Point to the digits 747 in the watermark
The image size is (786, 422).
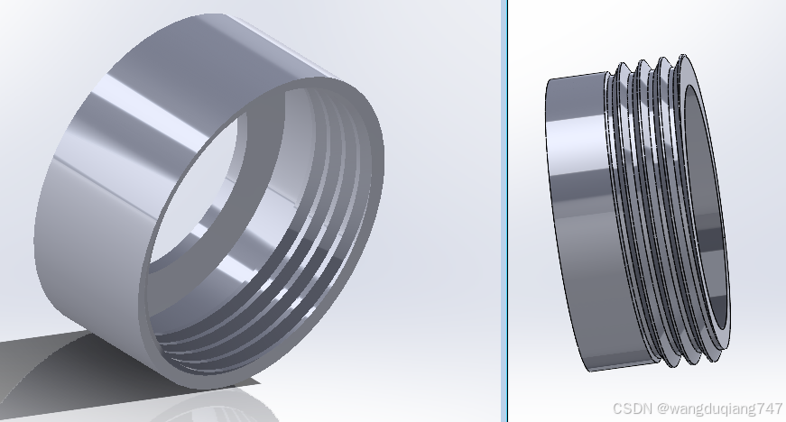[771, 408]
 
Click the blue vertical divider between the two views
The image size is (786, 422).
[504, 211]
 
